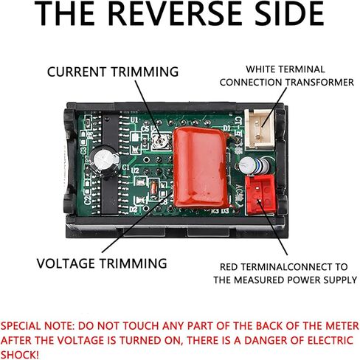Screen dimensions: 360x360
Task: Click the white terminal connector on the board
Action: (260, 130)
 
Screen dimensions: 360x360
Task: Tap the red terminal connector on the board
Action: (260, 194)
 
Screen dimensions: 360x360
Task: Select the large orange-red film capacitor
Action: (201, 168)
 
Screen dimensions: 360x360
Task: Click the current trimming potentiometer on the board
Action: (162, 141)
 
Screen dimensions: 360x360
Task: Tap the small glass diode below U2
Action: (153, 190)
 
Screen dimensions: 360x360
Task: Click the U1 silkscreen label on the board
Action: (134, 120)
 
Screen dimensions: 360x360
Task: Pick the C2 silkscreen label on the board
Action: (88, 197)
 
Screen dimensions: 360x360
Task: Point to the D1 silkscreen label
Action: (226, 128)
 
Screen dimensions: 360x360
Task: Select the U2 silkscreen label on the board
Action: (135, 170)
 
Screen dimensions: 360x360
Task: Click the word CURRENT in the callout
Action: (77, 72)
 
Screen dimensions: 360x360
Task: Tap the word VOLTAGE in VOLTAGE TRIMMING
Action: (66, 263)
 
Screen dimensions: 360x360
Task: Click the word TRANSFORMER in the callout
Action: (319, 82)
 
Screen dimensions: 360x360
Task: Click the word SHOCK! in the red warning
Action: (20, 355)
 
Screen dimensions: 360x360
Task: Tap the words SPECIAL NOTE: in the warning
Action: (38, 326)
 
